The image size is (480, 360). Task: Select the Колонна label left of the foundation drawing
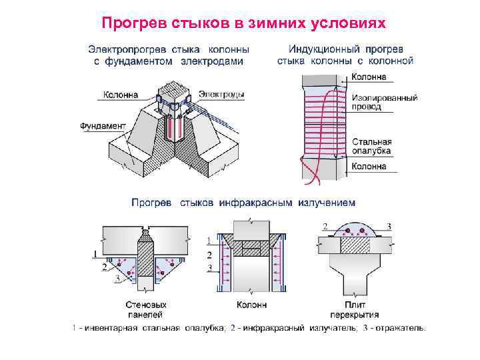[121, 95]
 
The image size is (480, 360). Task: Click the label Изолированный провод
[385, 102]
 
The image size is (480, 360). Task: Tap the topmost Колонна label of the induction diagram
[369, 77]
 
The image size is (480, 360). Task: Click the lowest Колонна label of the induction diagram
[369, 166]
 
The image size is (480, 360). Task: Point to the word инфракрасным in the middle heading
[255, 201]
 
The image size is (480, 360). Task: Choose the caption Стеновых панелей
[144, 309]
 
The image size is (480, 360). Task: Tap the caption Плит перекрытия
[355, 309]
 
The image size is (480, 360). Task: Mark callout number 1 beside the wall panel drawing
[95, 254]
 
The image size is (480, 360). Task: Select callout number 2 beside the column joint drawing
[210, 255]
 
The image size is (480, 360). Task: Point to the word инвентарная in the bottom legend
[107, 328]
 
